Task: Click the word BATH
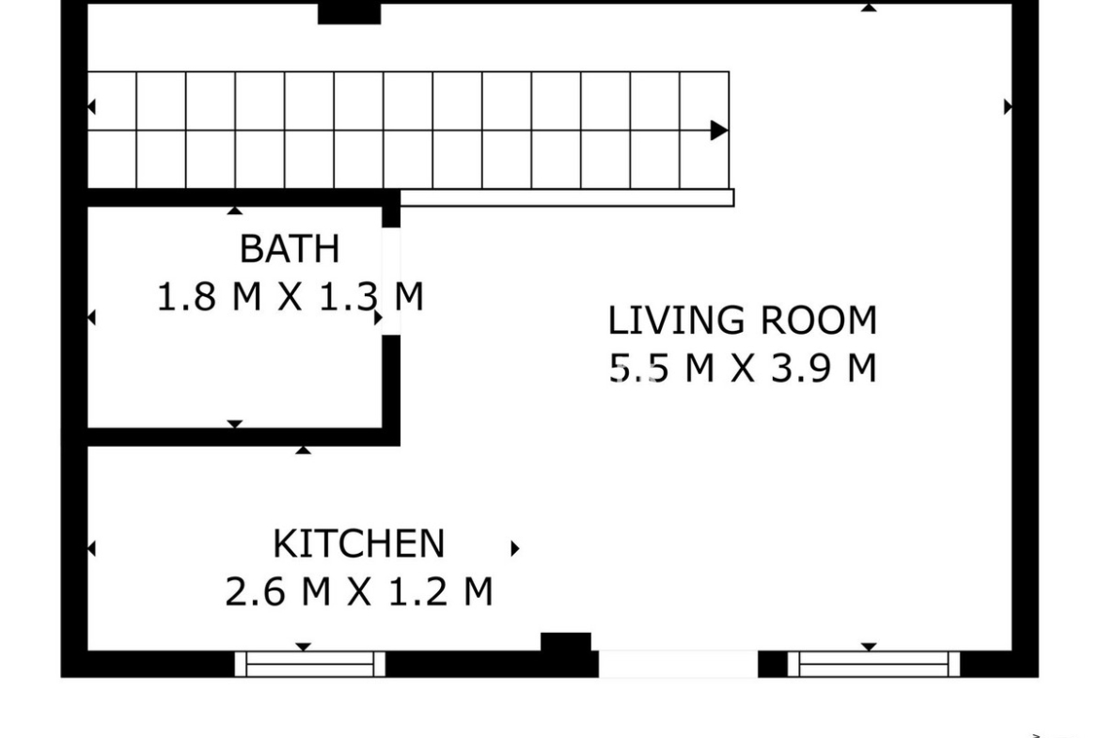[290, 248]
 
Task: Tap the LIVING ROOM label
[742, 320]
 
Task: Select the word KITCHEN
[358, 543]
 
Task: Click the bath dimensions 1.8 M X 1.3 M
[290, 296]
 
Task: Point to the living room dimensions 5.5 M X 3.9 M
[742, 368]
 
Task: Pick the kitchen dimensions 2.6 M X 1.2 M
[358, 591]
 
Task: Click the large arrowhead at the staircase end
[719, 131]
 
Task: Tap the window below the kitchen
[310, 664]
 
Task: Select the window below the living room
[873, 664]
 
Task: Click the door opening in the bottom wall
[679, 664]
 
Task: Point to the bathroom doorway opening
[391, 281]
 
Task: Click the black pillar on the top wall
[350, 13]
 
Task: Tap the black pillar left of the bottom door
[566, 643]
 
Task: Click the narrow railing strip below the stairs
[567, 197]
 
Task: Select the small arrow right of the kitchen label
[515, 548]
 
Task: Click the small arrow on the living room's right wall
[1008, 106]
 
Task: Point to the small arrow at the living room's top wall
[870, 7]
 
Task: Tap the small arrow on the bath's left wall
[91, 318]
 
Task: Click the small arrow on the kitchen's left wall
[91, 548]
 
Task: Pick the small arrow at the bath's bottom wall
[235, 424]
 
